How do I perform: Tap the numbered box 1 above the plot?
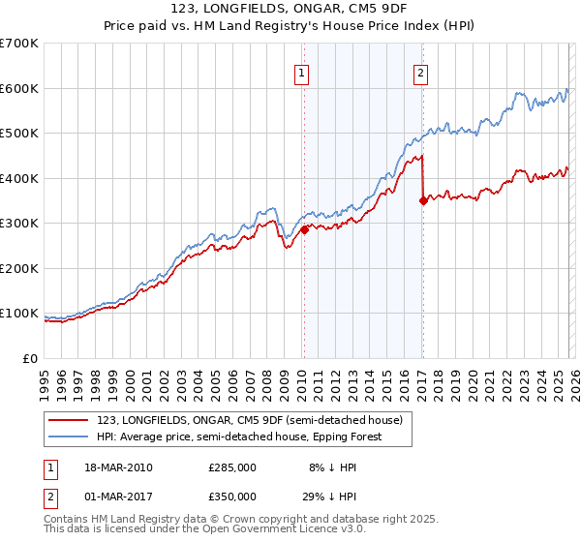[x=303, y=73]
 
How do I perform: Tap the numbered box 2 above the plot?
[x=422, y=73]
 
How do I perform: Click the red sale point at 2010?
[x=304, y=229]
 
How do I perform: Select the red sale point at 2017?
[x=423, y=200]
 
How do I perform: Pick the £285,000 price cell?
[x=232, y=467]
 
